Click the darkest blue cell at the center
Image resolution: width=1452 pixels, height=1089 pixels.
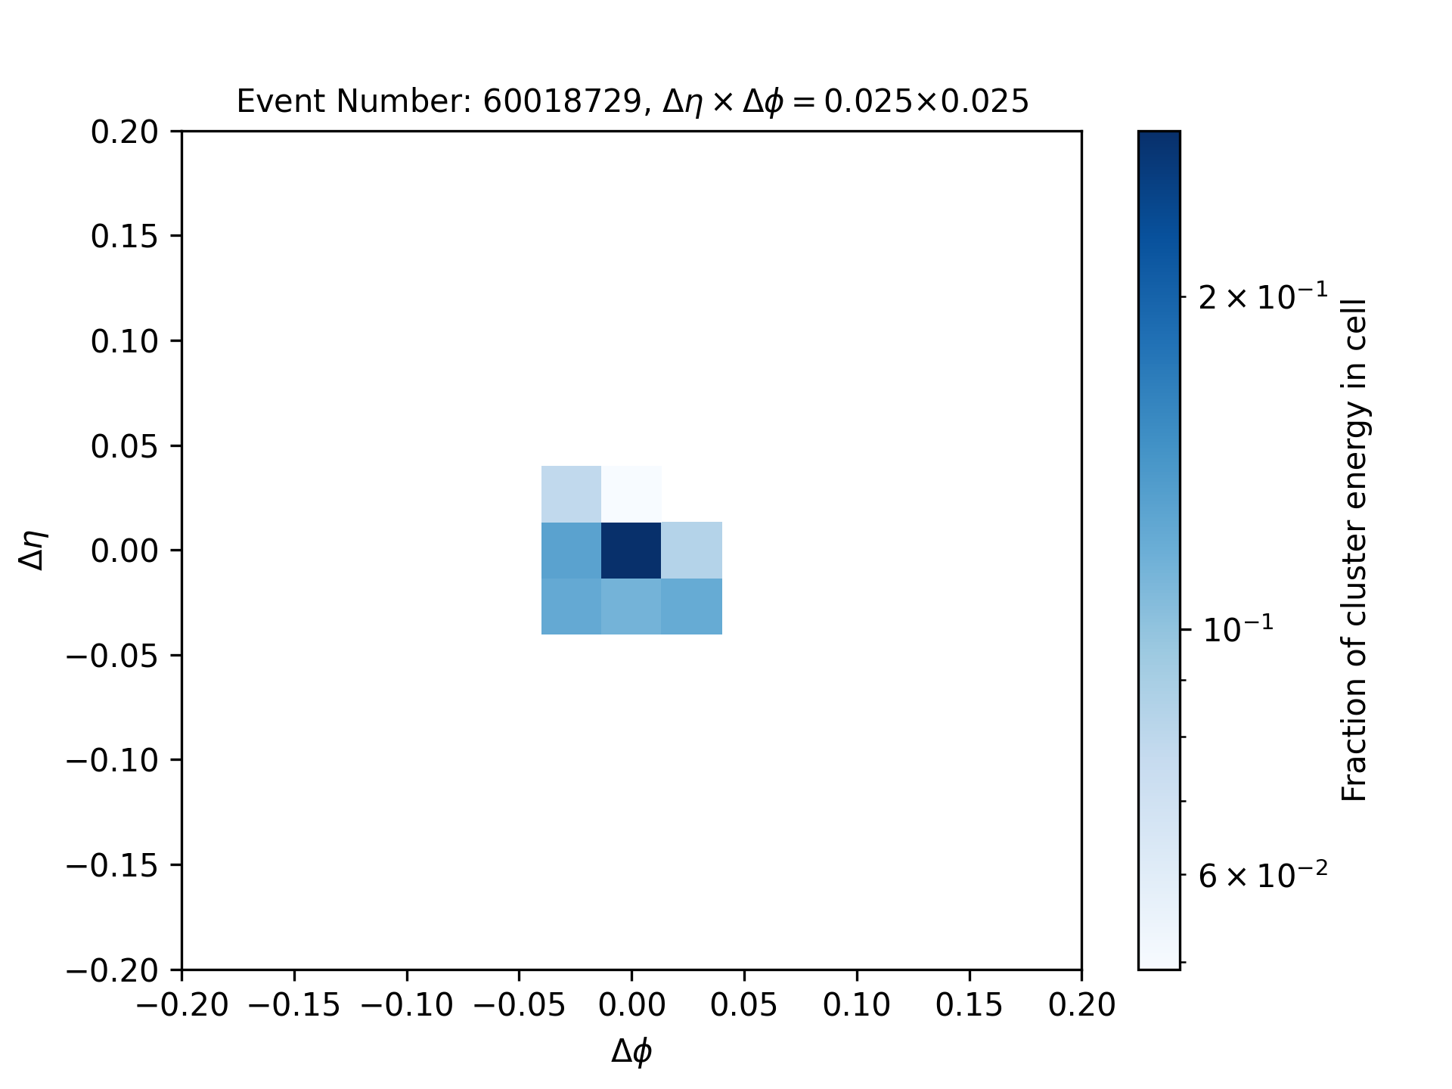pyautogui.click(x=631, y=550)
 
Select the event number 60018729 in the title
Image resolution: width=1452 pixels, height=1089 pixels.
pyautogui.click(x=562, y=101)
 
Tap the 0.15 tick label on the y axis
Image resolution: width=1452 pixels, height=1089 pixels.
pyautogui.click(x=125, y=237)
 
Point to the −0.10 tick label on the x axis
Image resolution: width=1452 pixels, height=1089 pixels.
pyautogui.click(x=407, y=1005)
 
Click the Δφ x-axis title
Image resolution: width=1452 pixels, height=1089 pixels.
pyautogui.click(x=631, y=1051)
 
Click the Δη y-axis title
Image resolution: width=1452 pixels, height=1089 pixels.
pyautogui.click(x=34, y=550)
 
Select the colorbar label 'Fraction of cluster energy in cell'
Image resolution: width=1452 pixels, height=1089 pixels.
pyautogui.click(x=1354, y=550)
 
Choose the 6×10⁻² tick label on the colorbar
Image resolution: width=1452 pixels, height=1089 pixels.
pyautogui.click(x=1263, y=875)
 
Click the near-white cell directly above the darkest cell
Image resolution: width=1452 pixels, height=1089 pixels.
pyautogui.click(x=631, y=494)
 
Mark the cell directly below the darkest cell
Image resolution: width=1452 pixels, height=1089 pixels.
pyautogui.click(x=631, y=607)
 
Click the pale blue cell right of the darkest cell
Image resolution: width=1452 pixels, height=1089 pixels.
pyautogui.click(x=692, y=550)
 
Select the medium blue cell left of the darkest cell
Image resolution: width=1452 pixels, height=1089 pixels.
pyautogui.click(x=571, y=550)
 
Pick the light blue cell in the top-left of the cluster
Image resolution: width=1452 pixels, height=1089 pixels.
pyautogui.click(x=571, y=494)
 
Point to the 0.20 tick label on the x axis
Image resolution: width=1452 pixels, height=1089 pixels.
pyautogui.click(x=1081, y=1005)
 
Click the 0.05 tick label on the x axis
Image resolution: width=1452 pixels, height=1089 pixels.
pyautogui.click(x=744, y=1005)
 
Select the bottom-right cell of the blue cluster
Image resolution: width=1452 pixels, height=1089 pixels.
pyautogui.click(x=692, y=607)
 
